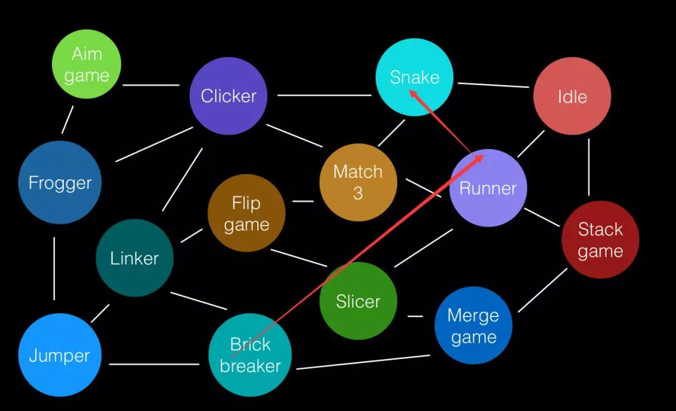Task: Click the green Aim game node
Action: (86, 65)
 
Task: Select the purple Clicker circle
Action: (228, 96)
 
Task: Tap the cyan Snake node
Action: (414, 77)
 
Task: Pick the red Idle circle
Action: (572, 96)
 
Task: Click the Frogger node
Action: (60, 183)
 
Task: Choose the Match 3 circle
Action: (358, 182)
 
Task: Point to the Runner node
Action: (488, 188)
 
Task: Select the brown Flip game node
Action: (247, 213)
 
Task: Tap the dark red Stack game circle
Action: (600, 240)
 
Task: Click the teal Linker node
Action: (135, 258)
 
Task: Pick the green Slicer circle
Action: (358, 301)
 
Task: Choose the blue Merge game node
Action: (473, 326)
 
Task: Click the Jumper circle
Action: (59, 356)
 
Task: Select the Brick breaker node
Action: (250, 355)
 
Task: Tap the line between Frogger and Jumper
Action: (54, 268)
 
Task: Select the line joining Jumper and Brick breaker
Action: (154, 364)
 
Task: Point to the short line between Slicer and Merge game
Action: (416, 316)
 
